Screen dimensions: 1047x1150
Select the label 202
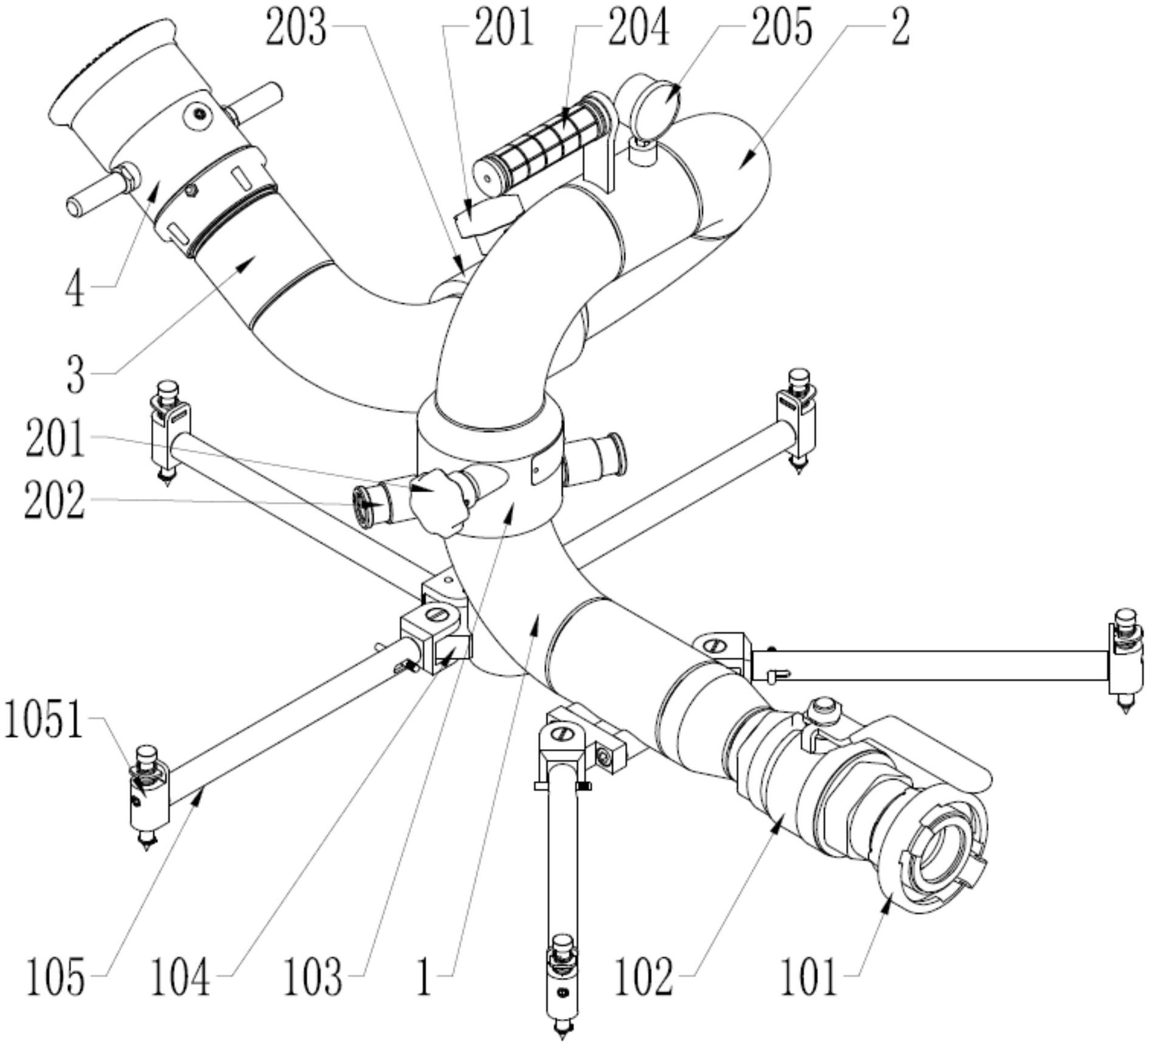pyautogui.click(x=55, y=501)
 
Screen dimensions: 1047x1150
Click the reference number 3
pyautogui.click(x=76, y=376)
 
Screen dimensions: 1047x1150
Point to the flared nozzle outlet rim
pyautogui.click(x=109, y=73)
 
